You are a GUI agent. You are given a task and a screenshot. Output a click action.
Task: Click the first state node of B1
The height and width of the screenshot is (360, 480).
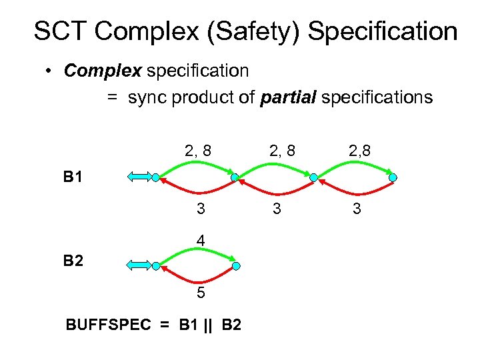pos(155,178)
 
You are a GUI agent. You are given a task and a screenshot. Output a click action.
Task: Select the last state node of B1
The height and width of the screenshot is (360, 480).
pos(393,178)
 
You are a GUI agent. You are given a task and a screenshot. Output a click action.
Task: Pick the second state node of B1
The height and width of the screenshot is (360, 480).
pos(235,178)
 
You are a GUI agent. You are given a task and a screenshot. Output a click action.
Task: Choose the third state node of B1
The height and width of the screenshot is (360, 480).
pos(313,178)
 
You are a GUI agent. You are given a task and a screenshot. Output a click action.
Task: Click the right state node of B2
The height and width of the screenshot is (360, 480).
pos(235,266)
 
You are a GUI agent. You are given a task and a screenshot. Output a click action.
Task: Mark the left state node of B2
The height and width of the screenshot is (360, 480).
pos(155,266)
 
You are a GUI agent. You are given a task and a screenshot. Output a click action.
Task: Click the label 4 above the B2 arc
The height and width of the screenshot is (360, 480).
pos(200,239)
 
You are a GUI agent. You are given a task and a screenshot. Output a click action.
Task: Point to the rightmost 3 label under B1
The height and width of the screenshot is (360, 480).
pos(357,209)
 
